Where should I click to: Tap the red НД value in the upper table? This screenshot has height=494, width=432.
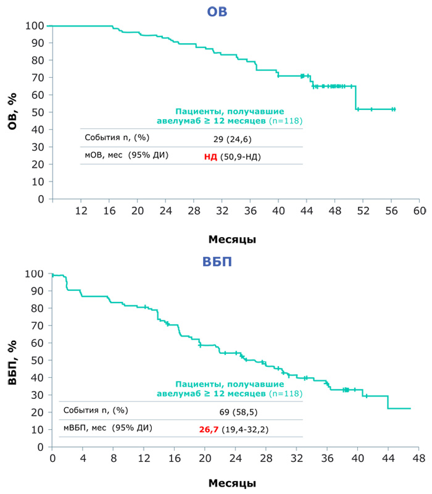click(x=210, y=157)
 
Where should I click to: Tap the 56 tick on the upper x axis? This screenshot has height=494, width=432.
click(x=391, y=210)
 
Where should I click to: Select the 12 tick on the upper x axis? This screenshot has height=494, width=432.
click(x=81, y=210)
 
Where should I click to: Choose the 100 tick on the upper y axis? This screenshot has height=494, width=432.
click(x=34, y=26)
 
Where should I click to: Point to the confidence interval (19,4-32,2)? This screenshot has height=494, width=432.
click(x=244, y=427)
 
